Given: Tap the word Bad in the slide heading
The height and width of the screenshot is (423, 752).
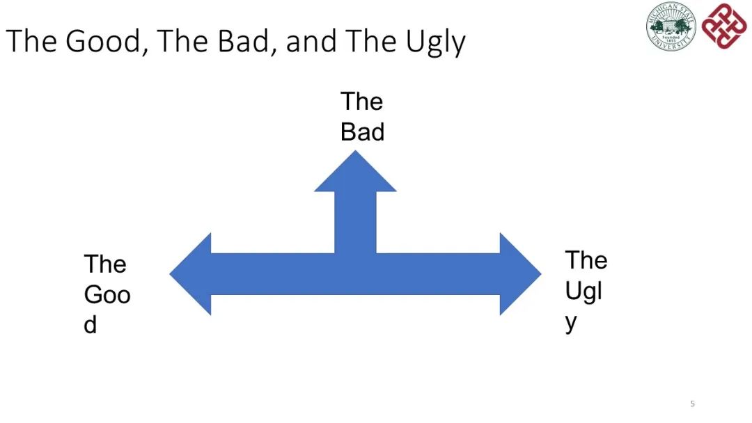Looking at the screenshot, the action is pyautogui.click(x=244, y=41).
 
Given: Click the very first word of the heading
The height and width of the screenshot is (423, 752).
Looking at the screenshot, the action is pyautogui.click(x=32, y=41).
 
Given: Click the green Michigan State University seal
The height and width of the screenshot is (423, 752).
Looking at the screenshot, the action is pyautogui.click(x=671, y=26).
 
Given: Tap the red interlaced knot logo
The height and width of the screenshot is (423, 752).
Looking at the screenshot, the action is pyautogui.click(x=725, y=26).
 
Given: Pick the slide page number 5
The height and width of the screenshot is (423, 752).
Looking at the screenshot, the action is pyautogui.click(x=692, y=404).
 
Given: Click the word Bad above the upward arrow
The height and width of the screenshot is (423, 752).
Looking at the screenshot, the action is pyautogui.click(x=362, y=132).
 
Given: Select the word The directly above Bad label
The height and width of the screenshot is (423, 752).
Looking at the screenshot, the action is pyautogui.click(x=361, y=102).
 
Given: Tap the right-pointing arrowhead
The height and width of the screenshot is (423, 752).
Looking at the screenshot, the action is pyautogui.click(x=520, y=274).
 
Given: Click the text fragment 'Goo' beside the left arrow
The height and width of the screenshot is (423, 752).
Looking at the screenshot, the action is pyautogui.click(x=107, y=295).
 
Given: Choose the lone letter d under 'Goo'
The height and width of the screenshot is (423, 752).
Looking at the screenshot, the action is pyautogui.click(x=91, y=325).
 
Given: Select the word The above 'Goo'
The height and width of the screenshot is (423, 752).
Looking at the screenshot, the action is pyautogui.click(x=105, y=264).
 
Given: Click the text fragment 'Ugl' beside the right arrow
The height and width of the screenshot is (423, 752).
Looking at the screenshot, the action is pyautogui.click(x=583, y=291).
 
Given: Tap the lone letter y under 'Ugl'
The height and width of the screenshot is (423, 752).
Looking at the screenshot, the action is pyautogui.click(x=572, y=322).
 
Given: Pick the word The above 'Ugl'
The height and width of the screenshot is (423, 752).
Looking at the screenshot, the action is pyautogui.click(x=586, y=260).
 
